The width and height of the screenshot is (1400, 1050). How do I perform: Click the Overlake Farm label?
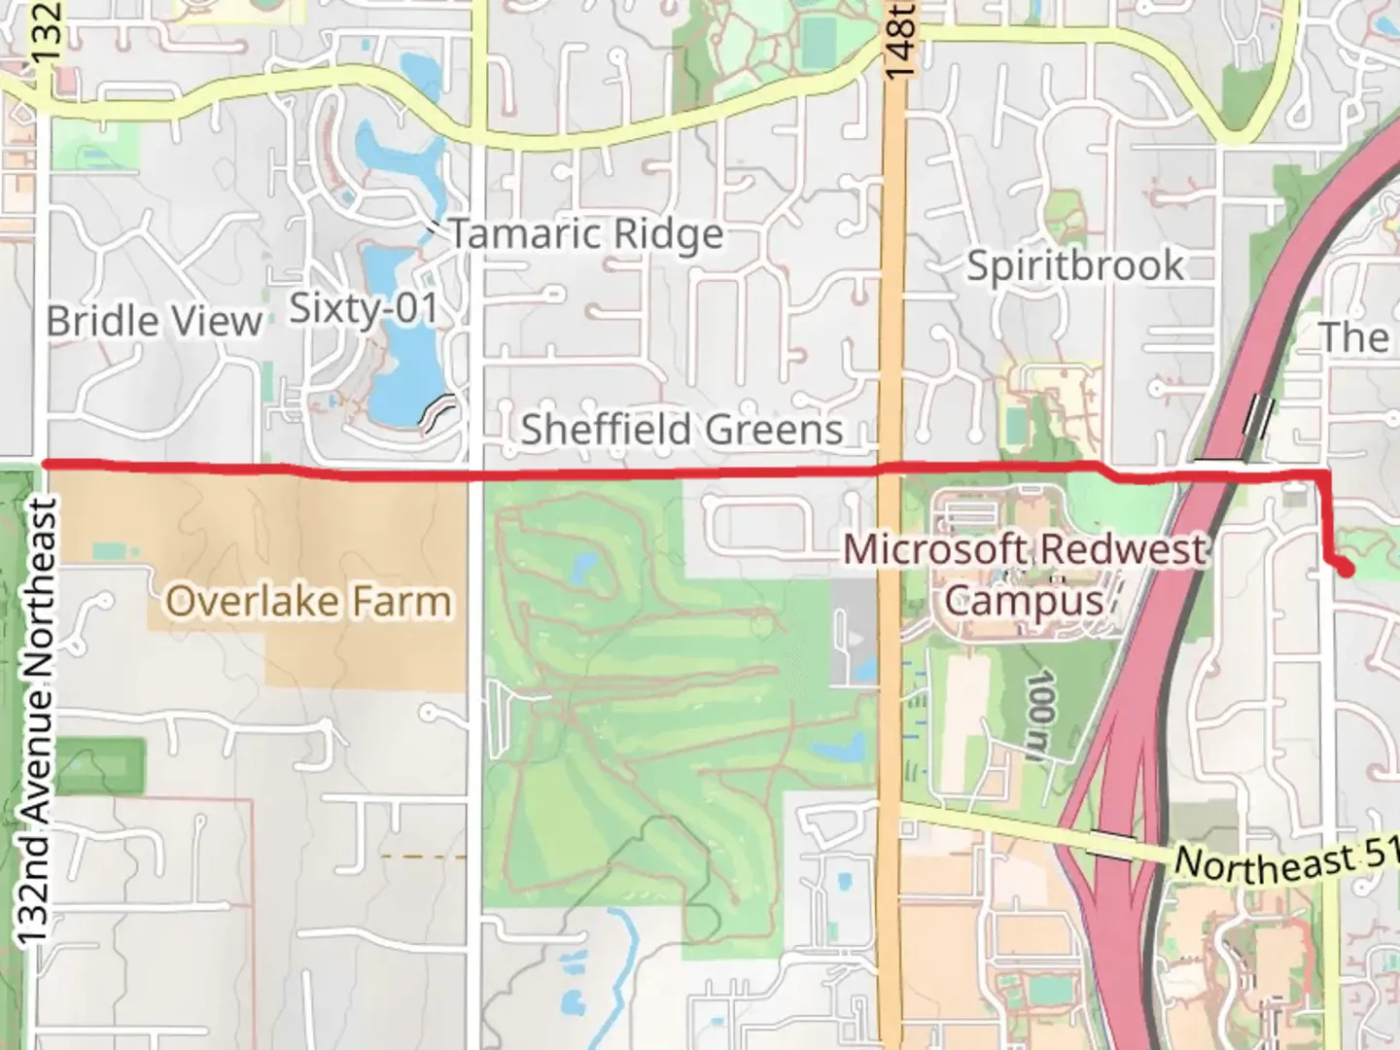(308, 602)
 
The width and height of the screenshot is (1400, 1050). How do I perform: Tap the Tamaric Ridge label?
(585, 234)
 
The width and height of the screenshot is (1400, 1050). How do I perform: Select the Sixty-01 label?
(365, 309)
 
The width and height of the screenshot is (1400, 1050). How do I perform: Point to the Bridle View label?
(154, 321)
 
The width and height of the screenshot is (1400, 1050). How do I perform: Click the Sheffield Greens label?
(682, 429)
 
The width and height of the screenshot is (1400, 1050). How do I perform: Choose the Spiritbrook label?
(1075, 265)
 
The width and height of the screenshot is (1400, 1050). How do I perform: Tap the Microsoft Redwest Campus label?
(1024, 575)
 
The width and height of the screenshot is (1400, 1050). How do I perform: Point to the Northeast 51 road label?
(1283, 859)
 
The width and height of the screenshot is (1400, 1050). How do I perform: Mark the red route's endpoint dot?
(1346, 570)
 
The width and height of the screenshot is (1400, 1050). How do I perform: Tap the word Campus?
(1024, 600)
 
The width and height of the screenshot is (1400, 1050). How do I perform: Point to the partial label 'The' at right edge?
(1355, 337)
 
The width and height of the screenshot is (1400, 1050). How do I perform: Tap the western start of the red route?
(47, 464)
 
